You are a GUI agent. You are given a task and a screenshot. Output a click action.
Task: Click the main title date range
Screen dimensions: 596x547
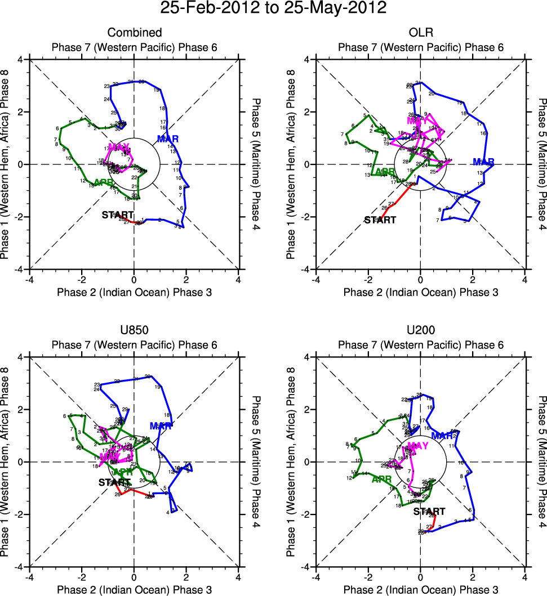coord(273,9)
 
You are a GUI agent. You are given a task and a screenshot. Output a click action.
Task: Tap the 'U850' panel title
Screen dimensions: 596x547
coord(134,331)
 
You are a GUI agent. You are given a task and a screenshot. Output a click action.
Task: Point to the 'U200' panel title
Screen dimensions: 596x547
coord(420,331)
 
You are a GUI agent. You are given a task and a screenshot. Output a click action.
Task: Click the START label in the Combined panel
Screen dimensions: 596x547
coord(117,214)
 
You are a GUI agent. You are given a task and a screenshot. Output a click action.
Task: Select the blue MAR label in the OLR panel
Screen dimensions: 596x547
coord(483,163)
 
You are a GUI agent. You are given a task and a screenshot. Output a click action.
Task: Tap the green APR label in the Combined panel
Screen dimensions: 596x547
coord(103,182)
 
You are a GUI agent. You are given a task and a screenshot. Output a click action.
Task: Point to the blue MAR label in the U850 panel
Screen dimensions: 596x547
coord(161,426)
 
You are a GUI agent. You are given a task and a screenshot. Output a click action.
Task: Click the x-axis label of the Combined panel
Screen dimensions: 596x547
coord(134,292)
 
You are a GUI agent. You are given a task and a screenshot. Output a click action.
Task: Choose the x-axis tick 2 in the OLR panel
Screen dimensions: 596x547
coord(473,279)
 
